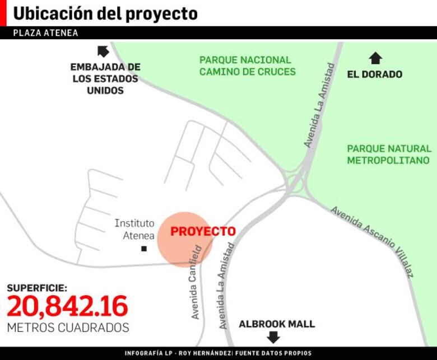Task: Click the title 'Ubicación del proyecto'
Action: pyautogui.click(x=105, y=13)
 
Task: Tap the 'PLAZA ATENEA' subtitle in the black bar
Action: pyautogui.click(x=45, y=33)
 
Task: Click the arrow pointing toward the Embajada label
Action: pyautogui.click(x=103, y=52)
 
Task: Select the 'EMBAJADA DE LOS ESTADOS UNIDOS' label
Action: pyautogui.click(x=105, y=78)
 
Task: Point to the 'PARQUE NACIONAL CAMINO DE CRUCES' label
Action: pyautogui.click(x=247, y=66)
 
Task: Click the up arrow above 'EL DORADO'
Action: pyautogui.click(x=375, y=58)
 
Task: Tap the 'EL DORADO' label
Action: pyautogui.click(x=375, y=74)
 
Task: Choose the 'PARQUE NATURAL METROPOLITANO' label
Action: pyautogui.click(x=389, y=155)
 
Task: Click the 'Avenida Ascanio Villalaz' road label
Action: pyautogui.click(x=372, y=241)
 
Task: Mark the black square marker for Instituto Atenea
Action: pyautogui.click(x=144, y=248)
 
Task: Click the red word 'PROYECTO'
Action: pyautogui.click(x=203, y=231)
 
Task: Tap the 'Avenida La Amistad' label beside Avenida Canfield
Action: pyautogui.click(x=225, y=286)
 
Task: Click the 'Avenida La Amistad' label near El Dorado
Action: pyautogui.click(x=319, y=105)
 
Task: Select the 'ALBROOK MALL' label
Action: pyautogui.click(x=277, y=324)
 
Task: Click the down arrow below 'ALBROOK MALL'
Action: pyautogui.click(x=273, y=337)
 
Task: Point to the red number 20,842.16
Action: pyautogui.click(x=68, y=306)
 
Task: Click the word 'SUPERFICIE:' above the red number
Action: pyautogui.click(x=37, y=288)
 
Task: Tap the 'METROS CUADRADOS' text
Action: pyautogui.click(x=68, y=328)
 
